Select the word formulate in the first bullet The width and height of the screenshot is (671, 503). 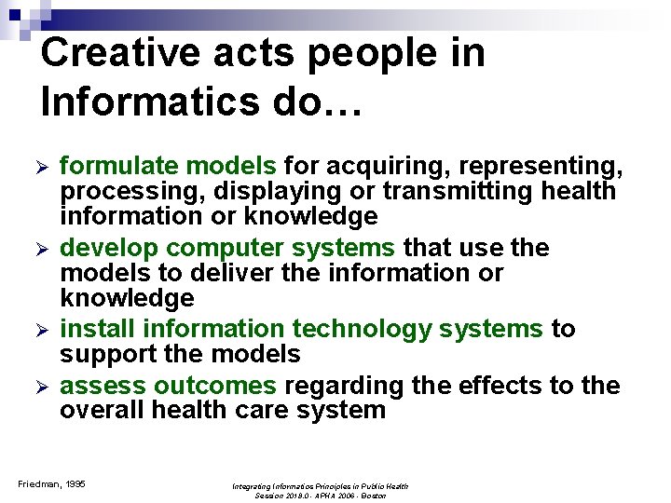click(118, 167)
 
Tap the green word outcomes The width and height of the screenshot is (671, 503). click(215, 387)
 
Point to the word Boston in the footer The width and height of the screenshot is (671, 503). click(374, 496)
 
